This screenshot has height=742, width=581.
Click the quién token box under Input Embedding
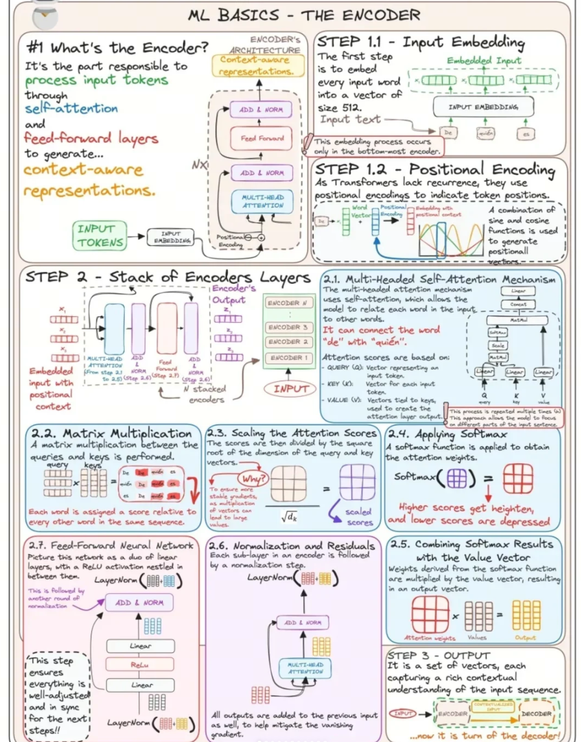(x=486, y=132)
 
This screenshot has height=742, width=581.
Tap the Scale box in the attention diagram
(x=498, y=345)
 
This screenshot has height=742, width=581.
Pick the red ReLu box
(x=140, y=665)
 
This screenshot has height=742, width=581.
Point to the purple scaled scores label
(x=358, y=517)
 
